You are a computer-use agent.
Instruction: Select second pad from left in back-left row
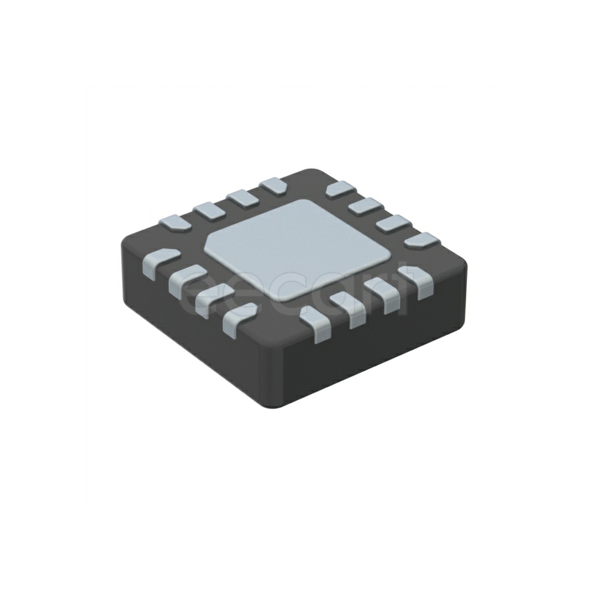209,210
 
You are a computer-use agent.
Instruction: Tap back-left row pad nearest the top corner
272,186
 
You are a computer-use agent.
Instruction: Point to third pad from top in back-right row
393,223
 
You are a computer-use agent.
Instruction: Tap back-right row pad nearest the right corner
421,240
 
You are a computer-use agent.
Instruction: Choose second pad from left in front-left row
186,279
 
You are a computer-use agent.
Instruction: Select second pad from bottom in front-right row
349,308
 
